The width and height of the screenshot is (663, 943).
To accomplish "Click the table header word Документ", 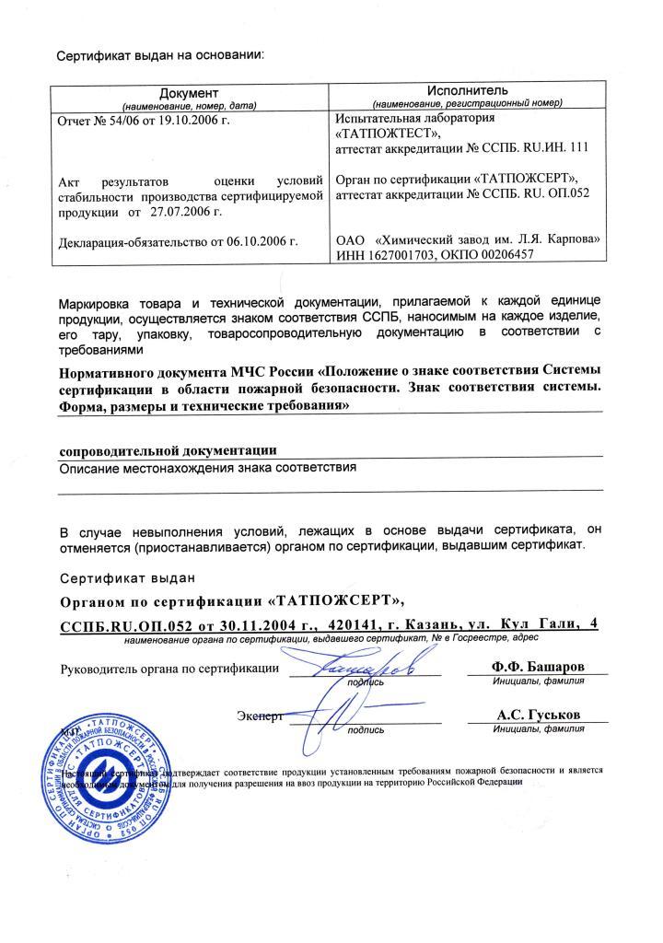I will tap(189, 93).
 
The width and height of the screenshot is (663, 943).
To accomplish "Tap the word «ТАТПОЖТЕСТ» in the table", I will tap(382, 133).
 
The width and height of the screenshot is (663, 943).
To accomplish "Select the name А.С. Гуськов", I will tap(537, 715).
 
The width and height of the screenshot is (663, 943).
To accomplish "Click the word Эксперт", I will tap(258, 715).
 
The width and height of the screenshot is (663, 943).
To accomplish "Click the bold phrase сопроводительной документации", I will tap(168, 450).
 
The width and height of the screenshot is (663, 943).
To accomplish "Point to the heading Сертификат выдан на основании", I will tap(160, 54).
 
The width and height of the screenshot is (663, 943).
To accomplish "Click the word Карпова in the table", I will tap(580, 239).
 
